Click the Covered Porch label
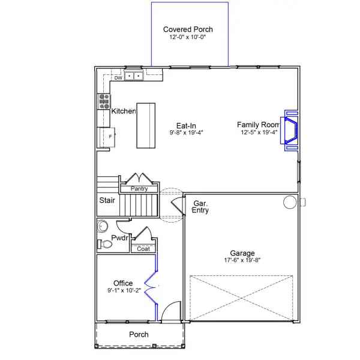(x=188, y=29)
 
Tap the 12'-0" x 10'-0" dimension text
(x=188, y=37)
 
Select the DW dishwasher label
(x=118, y=77)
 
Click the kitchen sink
(x=135, y=76)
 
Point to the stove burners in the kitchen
(x=103, y=100)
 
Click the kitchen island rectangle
(x=146, y=125)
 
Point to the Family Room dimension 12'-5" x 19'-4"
(x=260, y=133)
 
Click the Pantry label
(x=139, y=189)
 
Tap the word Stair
(x=107, y=201)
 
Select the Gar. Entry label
(x=200, y=207)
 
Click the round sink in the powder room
(x=101, y=226)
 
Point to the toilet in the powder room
(x=101, y=244)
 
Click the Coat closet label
(x=143, y=248)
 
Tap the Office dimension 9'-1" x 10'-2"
(x=123, y=290)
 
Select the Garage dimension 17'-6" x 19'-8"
(x=242, y=260)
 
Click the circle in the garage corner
(x=290, y=202)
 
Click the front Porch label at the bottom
(x=139, y=334)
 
